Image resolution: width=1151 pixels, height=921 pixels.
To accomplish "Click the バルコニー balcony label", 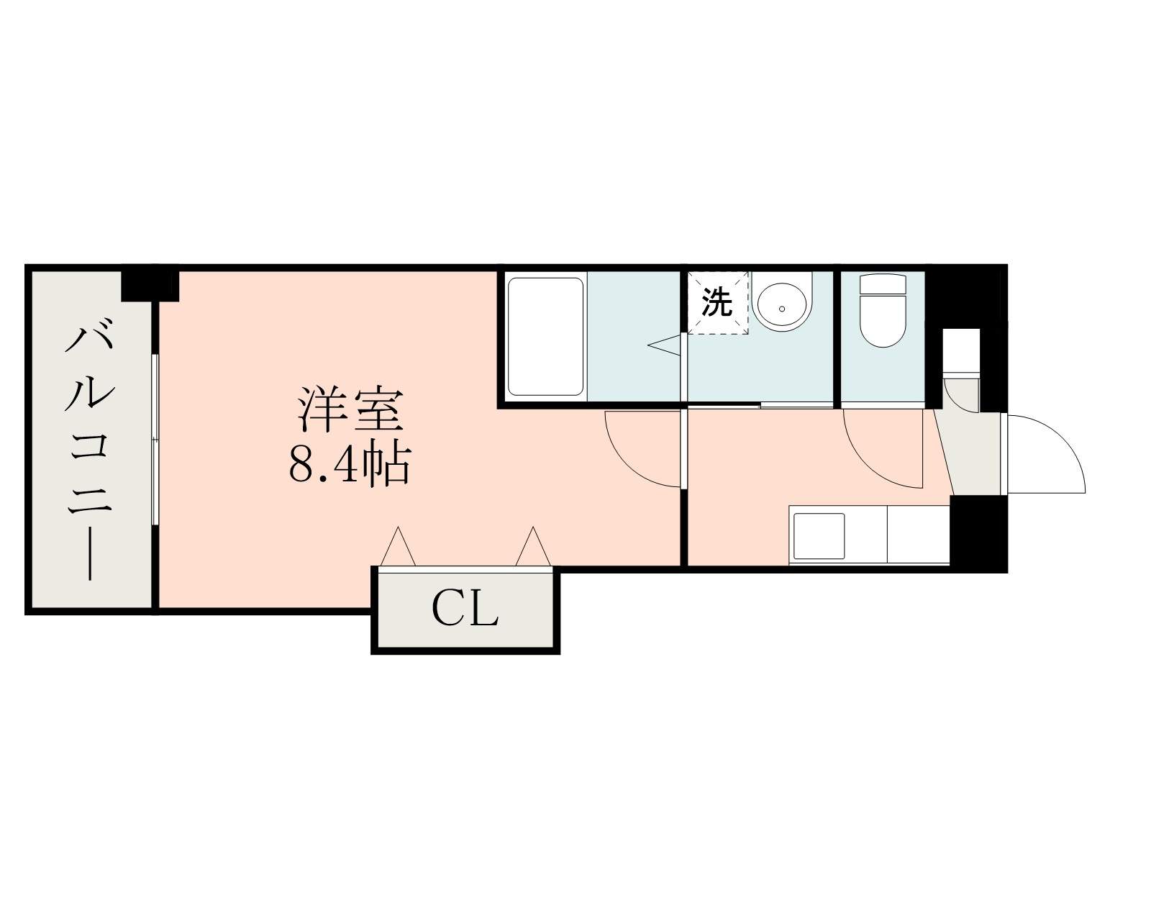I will point(89,452).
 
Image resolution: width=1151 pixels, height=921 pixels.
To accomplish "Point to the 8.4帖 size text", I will point(350,464).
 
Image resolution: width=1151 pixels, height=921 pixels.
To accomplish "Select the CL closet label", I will point(465,611).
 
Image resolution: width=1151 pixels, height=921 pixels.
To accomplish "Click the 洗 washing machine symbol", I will point(717,302).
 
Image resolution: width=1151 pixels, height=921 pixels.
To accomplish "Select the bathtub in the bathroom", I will point(545,336).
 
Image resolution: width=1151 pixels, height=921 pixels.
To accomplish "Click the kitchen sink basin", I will point(819,536).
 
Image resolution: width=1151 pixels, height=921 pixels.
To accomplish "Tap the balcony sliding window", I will point(155,439).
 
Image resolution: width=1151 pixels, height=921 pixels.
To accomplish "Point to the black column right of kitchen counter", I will point(978,532).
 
